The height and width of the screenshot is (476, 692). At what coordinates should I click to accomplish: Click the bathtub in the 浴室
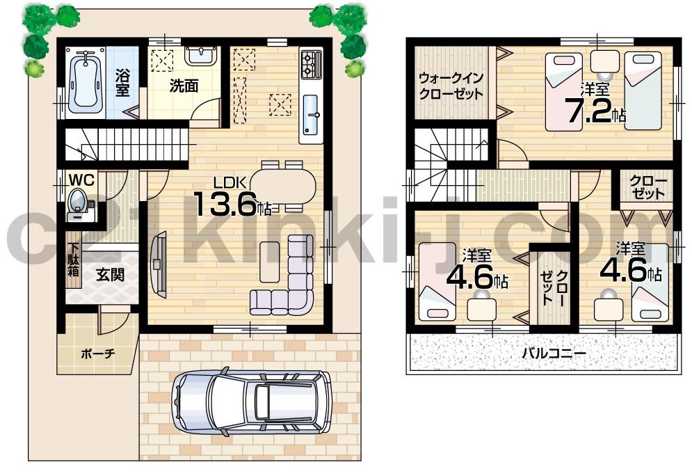tap(85, 80)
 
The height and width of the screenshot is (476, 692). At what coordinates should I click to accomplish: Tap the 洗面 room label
tap(184, 86)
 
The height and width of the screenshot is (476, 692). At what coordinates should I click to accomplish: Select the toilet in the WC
tap(77, 202)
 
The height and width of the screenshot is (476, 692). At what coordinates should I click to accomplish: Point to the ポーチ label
tap(98, 354)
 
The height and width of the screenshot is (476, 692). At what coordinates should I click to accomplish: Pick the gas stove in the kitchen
tap(311, 64)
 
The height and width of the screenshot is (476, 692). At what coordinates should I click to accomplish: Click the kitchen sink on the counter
tap(312, 115)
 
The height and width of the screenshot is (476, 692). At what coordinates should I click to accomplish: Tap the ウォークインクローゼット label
tap(451, 86)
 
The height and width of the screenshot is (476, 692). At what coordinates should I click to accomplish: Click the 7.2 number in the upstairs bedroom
tap(588, 111)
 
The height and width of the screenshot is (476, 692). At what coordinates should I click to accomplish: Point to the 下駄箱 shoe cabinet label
tap(73, 260)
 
